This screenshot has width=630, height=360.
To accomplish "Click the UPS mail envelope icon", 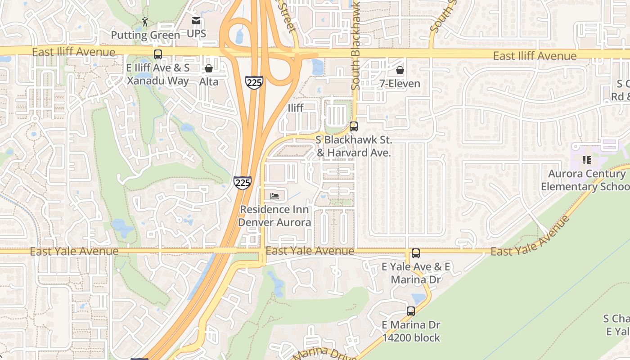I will click(x=196, y=21).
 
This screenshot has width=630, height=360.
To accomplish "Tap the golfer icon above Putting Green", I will click(x=145, y=22).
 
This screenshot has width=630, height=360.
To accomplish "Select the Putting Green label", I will click(x=145, y=35).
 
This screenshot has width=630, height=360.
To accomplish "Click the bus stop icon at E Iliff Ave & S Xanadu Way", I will click(x=158, y=54).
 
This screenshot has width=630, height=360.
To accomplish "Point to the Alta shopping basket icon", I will click(x=209, y=68).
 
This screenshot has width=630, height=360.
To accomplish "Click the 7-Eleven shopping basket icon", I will click(x=400, y=70).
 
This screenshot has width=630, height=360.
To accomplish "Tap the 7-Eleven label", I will click(x=400, y=84).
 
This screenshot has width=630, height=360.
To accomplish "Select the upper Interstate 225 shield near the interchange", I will click(x=254, y=82).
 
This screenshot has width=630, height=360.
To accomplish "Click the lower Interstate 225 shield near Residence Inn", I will click(x=242, y=182).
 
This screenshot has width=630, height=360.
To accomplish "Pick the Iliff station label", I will click(x=296, y=108).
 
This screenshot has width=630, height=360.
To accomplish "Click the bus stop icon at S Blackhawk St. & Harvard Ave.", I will click(x=354, y=126).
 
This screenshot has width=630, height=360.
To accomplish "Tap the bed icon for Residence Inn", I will click(x=274, y=196).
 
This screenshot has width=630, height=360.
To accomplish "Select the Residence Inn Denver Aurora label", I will click(x=274, y=216).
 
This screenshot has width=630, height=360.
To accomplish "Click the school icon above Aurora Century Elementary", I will click(x=586, y=160).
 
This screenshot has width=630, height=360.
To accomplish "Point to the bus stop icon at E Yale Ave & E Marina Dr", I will click(x=416, y=253).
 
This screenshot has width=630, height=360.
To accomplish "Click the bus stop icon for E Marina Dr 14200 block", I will click(x=411, y=311).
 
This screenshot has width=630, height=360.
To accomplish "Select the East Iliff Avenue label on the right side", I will click(x=535, y=56).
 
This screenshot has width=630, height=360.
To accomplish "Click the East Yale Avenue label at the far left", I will click(x=74, y=252).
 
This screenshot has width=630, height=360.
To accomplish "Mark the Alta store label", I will click(x=209, y=82).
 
